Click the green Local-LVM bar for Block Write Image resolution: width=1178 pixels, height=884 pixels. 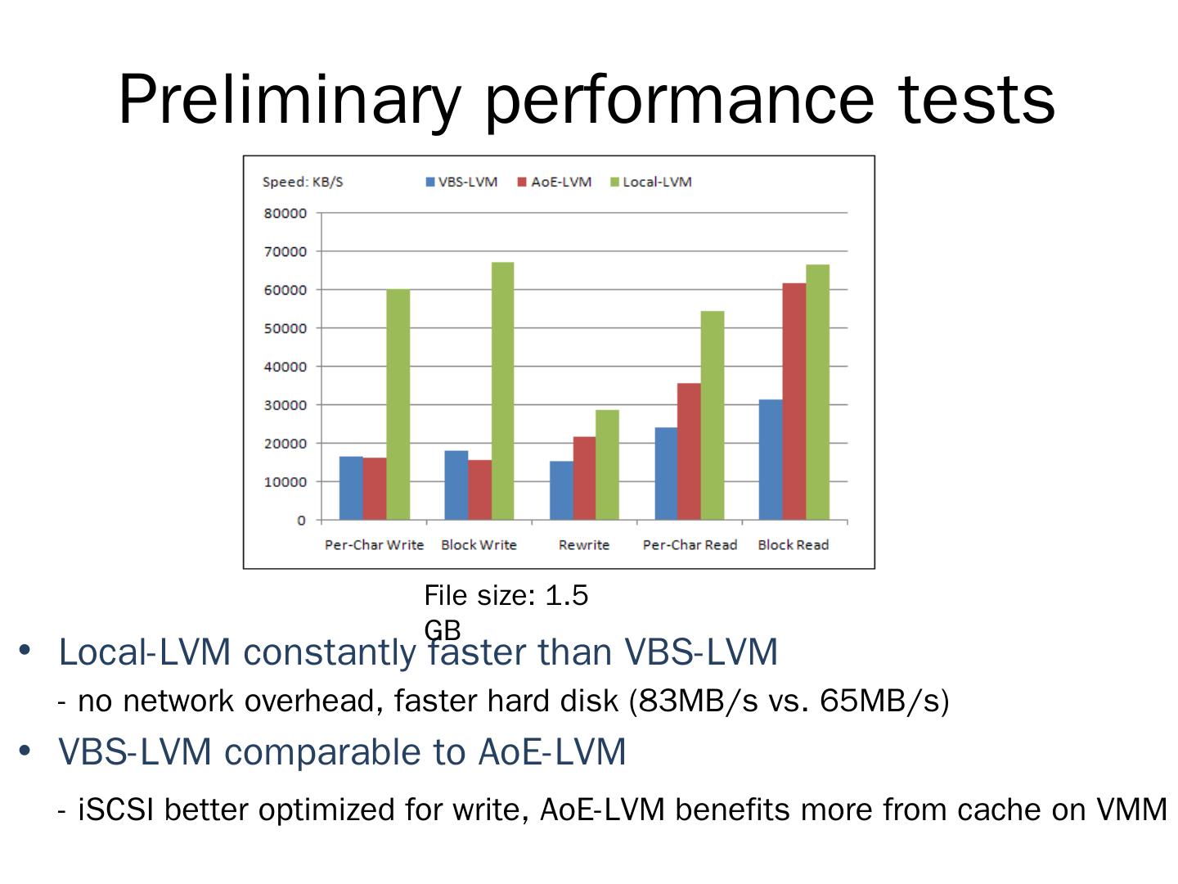pyautogui.click(x=502, y=391)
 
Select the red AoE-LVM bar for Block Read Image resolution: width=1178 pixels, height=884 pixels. pyautogui.click(x=794, y=401)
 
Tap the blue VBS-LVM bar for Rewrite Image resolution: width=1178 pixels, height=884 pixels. pyautogui.click(x=561, y=490)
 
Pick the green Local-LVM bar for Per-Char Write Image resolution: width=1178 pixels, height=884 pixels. pyautogui.click(x=398, y=404)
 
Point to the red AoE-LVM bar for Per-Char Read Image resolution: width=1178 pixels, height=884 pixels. pyautogui.click(x=689, y=451)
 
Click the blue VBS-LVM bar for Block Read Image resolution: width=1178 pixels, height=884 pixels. pyautogui.click(x=771, y=459)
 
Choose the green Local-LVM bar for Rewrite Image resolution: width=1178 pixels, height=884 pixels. pyautogui.click(x=607, y=464)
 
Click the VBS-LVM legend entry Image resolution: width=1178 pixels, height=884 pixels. pyautogui.click(x=461, y=182)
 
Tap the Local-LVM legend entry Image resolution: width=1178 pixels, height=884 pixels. pyautogui.click(x=651, y=182)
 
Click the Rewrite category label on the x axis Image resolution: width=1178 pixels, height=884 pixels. pyautogui.click(x=584, y=545)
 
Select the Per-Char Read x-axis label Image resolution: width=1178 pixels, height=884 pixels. pyautogui.click(x=690, y=545)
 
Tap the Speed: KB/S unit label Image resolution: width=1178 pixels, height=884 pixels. pyautogui.click(x=303, y=182)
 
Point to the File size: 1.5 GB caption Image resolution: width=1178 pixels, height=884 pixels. pyautogui.click(x=506, y=610)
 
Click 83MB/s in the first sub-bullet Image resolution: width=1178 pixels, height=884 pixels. pyautogui.click(x=698, y=701)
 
